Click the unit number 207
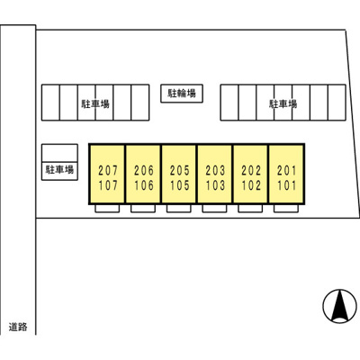(108, 171)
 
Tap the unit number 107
(108, 185)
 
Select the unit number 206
(144, 171)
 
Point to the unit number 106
(144, 185)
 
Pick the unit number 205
(180, 171)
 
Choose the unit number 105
(180, 185)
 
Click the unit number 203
(215, 171)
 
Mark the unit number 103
(215, 185)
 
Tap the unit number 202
(251, 171)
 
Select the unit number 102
(251, 185)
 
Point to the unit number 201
(287, 171)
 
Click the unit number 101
(287, 185)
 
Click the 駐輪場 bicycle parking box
(182, 94)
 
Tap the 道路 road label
(18, 327)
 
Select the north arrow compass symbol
(340, 306)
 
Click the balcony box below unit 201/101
(286, 209)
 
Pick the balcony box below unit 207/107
(107, 209)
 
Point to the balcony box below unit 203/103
(214, 209)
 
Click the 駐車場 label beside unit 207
(59, 170)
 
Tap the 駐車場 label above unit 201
(283, 104)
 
